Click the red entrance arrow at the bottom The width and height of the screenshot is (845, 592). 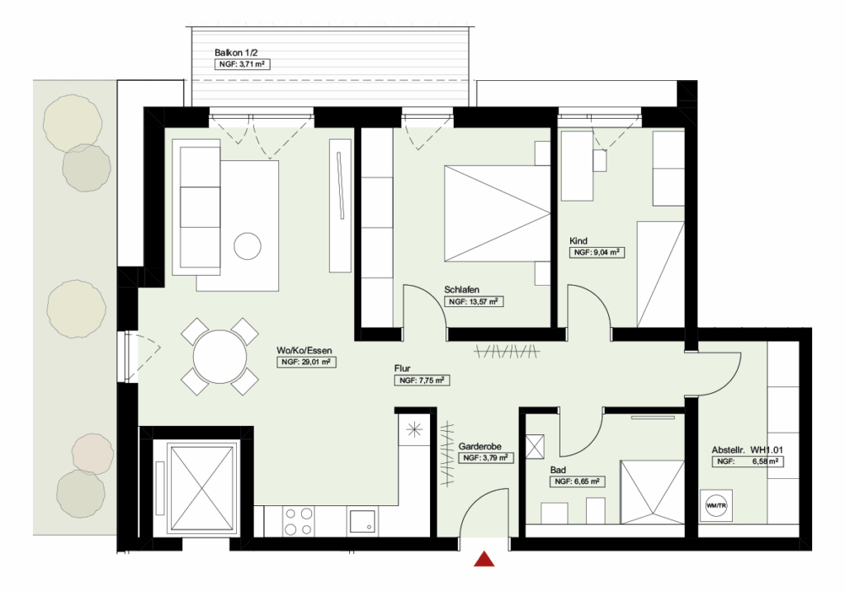[484, 560]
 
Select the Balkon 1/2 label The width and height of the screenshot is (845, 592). [232, 53]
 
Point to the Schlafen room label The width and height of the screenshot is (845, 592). [462, 290]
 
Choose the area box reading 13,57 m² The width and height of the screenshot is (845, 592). [474, 302]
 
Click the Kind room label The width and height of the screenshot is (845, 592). [578, 241]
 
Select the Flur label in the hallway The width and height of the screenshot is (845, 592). [404, 368]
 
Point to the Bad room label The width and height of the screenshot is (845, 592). [558, 469]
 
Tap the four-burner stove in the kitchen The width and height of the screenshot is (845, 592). [299, 520]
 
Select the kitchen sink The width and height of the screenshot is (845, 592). [362, 522]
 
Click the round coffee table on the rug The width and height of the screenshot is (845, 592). [248, 245]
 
